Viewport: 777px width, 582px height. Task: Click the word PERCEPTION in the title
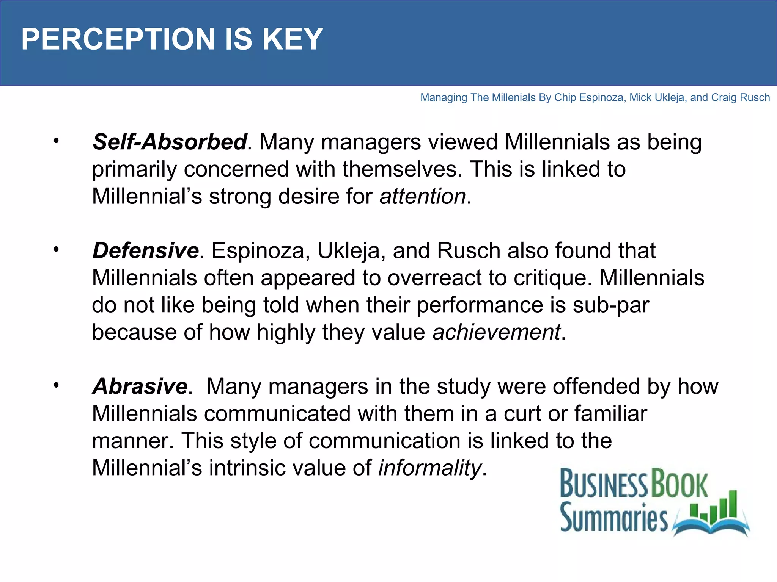[118, 39]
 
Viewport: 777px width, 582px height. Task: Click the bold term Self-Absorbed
[170, 142]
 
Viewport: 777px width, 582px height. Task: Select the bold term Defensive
[145, 250]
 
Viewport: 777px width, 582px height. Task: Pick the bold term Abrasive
[140, 386]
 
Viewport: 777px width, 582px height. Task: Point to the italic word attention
[423, 196]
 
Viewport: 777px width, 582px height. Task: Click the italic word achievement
[496, 332]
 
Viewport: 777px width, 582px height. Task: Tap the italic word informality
[430, 468]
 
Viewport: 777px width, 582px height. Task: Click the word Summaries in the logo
[613, 517]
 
